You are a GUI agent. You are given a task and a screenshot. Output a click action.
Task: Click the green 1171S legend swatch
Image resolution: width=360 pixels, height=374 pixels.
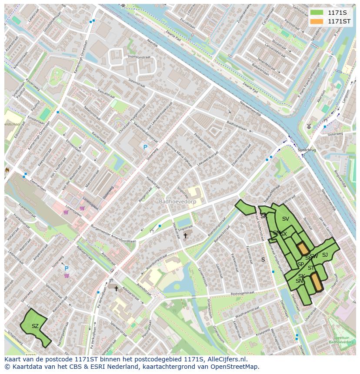pyautogui.click(x=317, y=13)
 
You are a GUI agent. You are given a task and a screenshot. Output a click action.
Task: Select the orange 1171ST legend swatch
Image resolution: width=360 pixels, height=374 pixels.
pyautogui.click(x=317, y=21)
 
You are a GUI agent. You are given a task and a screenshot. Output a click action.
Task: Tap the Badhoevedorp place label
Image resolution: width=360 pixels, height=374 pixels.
pyautogui.click(x=177, y=202)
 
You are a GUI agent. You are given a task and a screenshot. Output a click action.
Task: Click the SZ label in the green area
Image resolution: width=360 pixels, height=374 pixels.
pyautogui.click(x=35, y=326)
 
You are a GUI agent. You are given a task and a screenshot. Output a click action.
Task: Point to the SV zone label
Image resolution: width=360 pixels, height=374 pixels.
pyautogui.click(x=285, y=219)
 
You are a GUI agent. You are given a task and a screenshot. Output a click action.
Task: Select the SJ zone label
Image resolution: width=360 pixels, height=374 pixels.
pyautogui.click(x=325, y=255)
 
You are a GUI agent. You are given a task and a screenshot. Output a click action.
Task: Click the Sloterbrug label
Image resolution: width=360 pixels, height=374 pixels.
pyautogui.click(x=307, y=149)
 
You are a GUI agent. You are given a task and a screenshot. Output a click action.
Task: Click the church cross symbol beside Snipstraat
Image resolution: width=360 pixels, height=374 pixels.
pyautogui.click(x=185, y=235)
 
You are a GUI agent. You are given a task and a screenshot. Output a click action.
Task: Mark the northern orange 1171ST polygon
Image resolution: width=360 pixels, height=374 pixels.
pyautogui.click(x=303, y=248)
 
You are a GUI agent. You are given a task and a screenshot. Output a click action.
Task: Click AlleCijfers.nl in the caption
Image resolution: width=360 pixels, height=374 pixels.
pyautogui.click(x=227, y=359)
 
